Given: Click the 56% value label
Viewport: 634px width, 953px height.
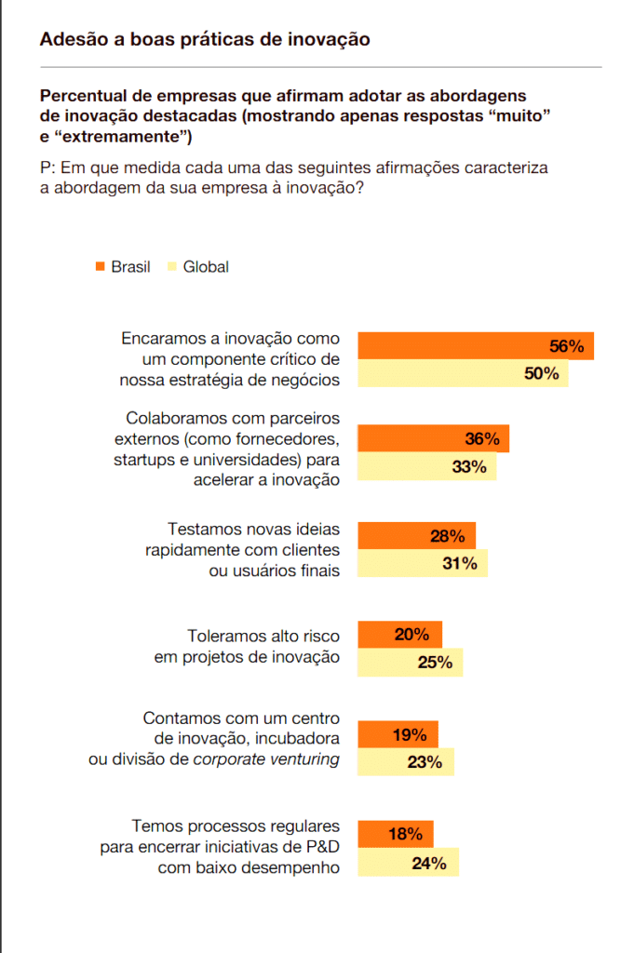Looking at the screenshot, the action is tap(567, 346).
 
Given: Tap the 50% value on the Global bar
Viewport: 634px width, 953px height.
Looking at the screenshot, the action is tap(542, 373).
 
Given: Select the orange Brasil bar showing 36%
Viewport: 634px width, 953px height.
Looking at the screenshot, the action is tap(434, 438).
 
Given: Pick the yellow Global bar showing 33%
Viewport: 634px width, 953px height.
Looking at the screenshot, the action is tap(426, 466).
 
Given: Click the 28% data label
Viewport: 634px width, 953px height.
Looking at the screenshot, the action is tap(448, 536).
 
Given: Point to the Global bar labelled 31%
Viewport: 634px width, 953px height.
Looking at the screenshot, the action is tap(423, 563).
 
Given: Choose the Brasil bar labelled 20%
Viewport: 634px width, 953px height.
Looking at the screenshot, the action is tap(400, 635).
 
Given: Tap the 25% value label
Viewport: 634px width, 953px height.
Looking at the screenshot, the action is tap(435, 663).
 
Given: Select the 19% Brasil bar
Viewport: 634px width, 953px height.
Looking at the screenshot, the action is tap(398, 734).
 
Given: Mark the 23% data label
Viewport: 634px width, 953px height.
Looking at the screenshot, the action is tap(425, 762).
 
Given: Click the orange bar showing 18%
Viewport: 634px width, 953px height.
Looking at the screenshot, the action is tap(396, 834).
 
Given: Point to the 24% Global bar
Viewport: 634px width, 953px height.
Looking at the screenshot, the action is tap(408, 862).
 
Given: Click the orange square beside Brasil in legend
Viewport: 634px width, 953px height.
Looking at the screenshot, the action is tap(101, 266).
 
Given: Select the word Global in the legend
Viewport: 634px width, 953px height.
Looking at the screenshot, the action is tap(206, 267).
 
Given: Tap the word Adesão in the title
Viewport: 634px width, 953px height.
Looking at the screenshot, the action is tap(74, 39).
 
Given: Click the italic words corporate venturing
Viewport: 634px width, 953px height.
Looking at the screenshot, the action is tap(266, 759).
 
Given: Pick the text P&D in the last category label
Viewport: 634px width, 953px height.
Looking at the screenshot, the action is tap(322, 847).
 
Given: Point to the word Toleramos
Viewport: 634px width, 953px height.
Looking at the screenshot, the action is tap(223, 636).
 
